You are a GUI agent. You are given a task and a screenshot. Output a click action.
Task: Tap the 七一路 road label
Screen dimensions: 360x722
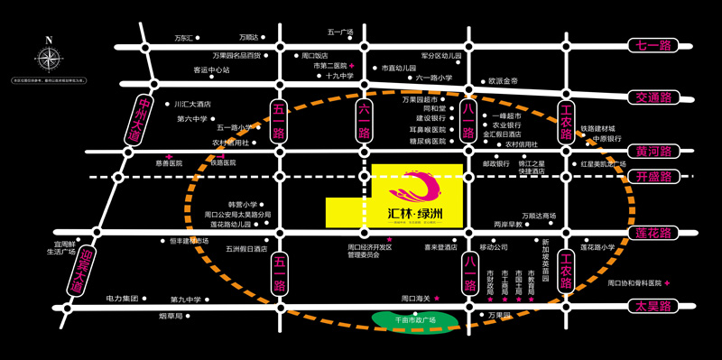tap(655, 45)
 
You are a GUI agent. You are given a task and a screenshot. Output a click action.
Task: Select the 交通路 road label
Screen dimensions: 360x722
tap(655, 97)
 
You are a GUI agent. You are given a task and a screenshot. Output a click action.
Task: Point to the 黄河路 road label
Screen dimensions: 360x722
tap(654, 151)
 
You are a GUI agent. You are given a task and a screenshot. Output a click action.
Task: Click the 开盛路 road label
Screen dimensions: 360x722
tap(654, 178)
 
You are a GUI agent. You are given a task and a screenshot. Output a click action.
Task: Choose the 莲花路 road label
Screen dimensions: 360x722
tap(654, 233)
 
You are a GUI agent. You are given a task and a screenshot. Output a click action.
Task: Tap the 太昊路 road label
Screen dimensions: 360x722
tap(654, 307)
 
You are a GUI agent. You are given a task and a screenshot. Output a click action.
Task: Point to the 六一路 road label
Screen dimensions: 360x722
tap(364, 119)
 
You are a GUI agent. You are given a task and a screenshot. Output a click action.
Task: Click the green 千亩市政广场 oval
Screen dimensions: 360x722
tap(415, 320)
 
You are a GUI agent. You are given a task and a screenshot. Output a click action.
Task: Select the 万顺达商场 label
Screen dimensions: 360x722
tap(539, 216)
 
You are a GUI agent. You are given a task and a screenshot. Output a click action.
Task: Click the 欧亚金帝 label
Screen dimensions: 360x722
tap(504, 81)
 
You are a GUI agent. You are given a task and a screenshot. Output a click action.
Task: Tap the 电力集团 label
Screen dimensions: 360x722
tap(122, 299)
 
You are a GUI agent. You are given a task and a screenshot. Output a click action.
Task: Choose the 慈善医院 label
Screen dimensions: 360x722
tap(169, 163)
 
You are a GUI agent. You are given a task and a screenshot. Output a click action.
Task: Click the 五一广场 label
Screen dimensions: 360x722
tap(340, 33)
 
